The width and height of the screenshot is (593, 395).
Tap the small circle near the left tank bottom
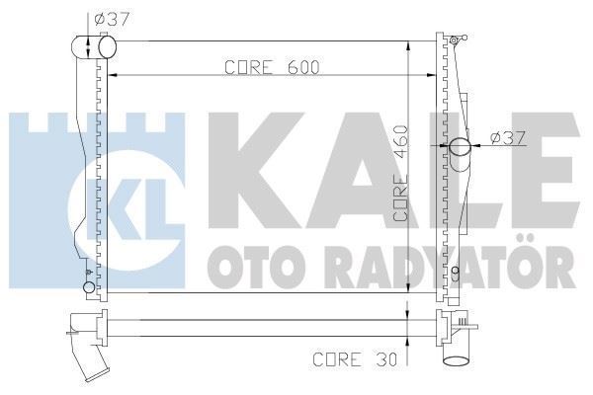[89, 287]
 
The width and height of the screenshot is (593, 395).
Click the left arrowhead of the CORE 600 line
[111, 77]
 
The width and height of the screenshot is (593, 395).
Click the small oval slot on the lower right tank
[454, 273]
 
